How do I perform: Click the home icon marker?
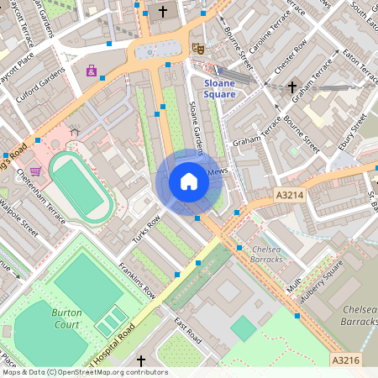188,181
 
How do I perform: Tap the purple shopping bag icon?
91,71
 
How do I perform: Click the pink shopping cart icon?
35,170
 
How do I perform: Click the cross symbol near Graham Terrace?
292,87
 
